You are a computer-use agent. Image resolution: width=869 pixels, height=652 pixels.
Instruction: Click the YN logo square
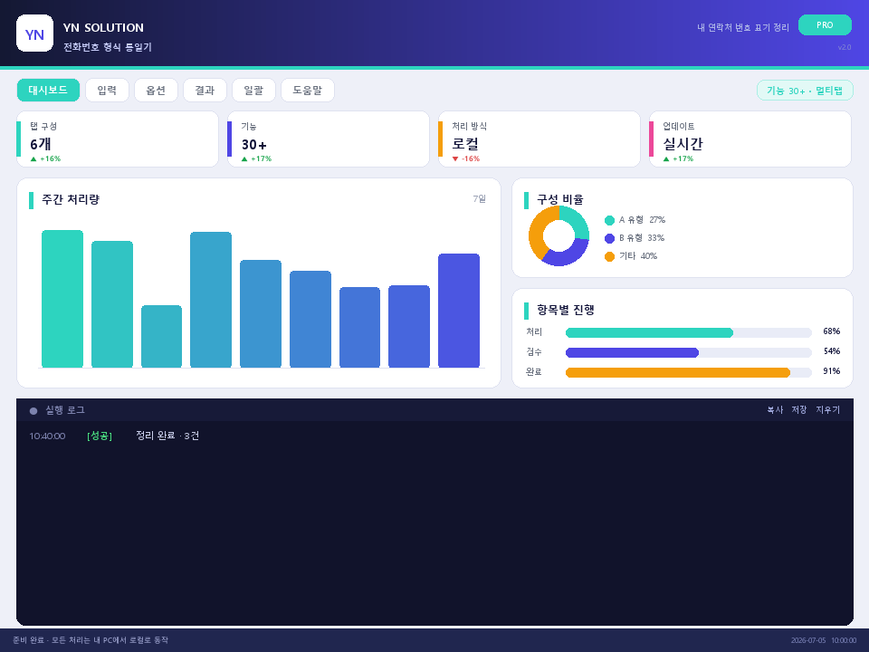click(x=35, y=34)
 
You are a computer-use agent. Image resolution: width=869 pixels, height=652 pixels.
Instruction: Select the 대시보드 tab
click(x=48, y=91)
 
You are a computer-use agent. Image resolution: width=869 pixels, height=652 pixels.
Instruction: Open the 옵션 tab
click(x=156, y=91)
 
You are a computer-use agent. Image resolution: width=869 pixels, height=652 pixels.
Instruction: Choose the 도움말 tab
click(x=308, y=91)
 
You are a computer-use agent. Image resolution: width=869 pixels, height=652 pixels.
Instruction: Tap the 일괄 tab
click(x=253, y=91)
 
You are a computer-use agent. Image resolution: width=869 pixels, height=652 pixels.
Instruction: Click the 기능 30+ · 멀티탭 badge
click(x=805, y=91)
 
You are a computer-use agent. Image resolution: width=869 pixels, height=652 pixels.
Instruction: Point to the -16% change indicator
click(x=466, y=158)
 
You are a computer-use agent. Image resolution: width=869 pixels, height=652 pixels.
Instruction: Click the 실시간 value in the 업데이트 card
click(x=683, y=144)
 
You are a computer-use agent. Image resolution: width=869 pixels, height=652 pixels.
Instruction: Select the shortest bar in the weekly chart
click(x=161, y=336)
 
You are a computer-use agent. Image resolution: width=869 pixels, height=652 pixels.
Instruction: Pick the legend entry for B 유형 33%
click(x=635, y=238)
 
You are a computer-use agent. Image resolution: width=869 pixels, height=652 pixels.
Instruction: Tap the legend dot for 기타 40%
click(x=609, y=256)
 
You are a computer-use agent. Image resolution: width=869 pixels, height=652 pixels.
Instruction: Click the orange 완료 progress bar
click(x=678, y=372)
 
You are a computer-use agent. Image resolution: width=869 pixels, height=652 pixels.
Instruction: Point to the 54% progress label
click(x=831, y=351)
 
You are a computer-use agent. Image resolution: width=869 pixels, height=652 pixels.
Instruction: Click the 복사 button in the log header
click(x=775, y=409)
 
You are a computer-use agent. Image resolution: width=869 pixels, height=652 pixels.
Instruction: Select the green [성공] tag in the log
click(x=100, y=436)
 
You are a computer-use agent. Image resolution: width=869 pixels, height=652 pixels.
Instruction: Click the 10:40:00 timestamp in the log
click(x=47, y=436)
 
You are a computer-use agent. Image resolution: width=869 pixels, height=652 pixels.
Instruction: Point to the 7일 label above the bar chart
click(x=480, y=198)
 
